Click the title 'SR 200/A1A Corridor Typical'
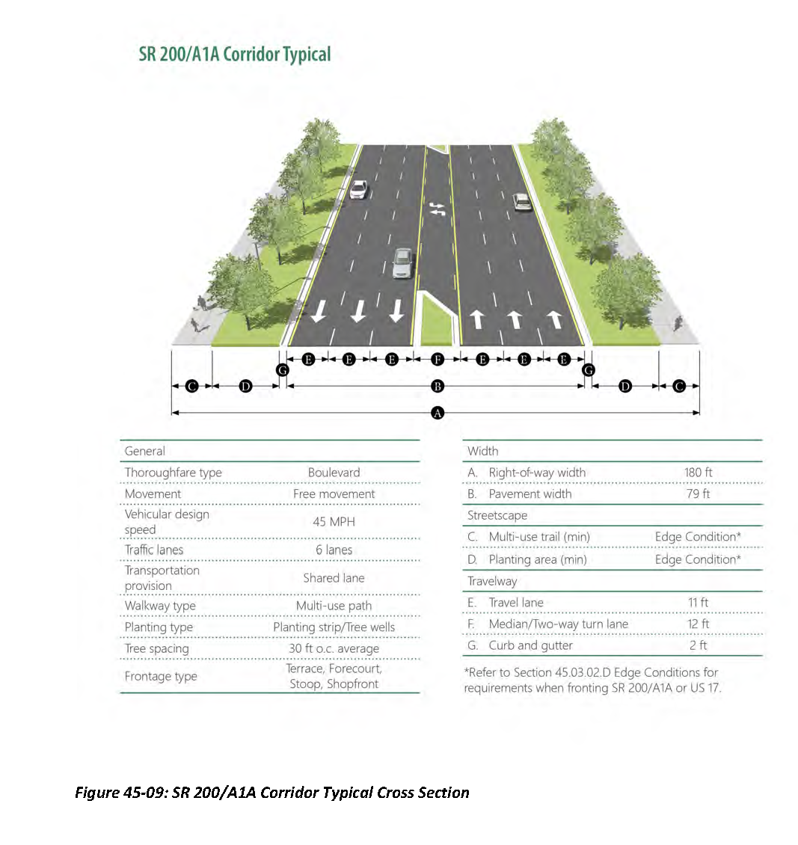(234, 55)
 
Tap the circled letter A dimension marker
(438, 412)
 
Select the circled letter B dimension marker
(438, 386)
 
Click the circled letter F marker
(438, 360)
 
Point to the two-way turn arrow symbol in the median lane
(437, 209)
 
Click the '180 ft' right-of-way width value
(698, 473)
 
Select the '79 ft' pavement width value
(698, 494)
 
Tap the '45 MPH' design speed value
(334, 522)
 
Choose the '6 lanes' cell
(334, 550)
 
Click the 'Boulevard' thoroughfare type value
(334, 473)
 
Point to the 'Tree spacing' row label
(156, 648)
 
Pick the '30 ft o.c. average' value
(334, 648)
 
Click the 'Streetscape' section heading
(497, 515)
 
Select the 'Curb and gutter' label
(530, 645)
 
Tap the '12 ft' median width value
(698, 624)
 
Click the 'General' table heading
(145, 451)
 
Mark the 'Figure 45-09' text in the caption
(120, 793)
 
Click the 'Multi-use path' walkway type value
(334, 606)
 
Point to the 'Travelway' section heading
(492, 581)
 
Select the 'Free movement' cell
(334, 494)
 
